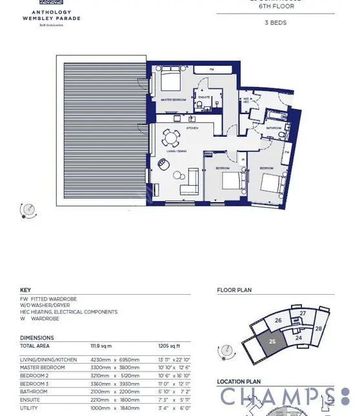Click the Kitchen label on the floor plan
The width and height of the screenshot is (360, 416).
(192, 128)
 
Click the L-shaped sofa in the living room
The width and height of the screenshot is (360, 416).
(188, 180)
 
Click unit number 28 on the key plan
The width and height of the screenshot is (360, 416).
(319, 329)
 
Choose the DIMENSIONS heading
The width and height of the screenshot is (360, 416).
(37, 337)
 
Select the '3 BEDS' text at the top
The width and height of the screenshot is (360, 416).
(275, 23)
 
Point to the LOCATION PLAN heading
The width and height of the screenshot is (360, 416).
(239, 382)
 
